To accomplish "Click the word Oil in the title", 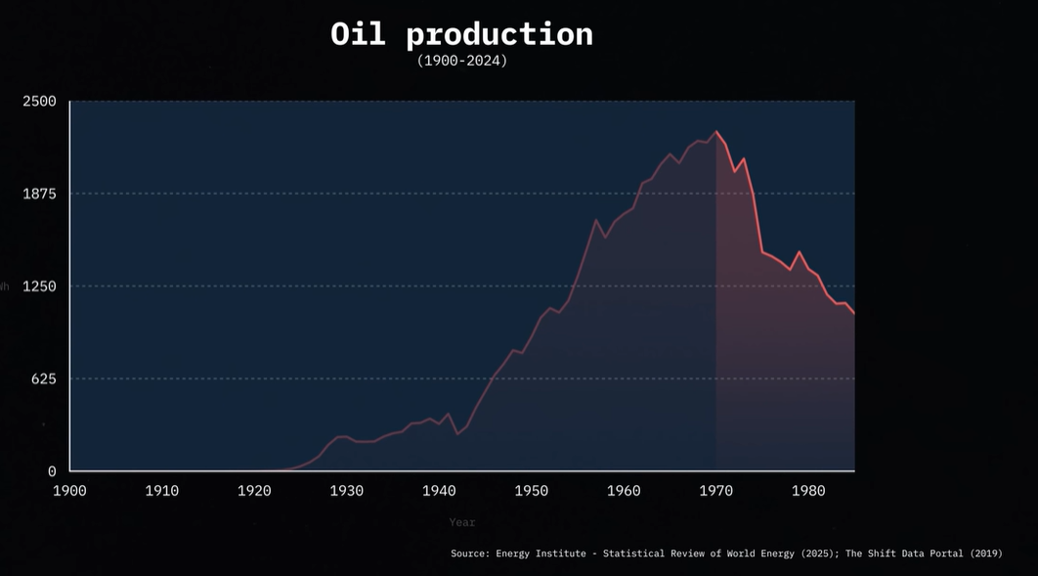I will coord(360,34).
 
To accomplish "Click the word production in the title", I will coord(499,35).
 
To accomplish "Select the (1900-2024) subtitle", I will coord(462,61).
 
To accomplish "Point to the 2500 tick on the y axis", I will coord(40,102).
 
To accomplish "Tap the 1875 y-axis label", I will coord(40,194).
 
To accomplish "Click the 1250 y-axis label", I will coord(40,287).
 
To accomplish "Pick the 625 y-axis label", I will coord(44,378).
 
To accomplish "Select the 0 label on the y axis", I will coord(52,471).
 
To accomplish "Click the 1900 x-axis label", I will coord(69,490).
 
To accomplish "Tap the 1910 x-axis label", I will coord(162,490).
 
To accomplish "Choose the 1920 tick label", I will coord(254,490).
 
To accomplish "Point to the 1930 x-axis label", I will coord(347,490).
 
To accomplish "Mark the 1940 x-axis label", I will coord(439,490).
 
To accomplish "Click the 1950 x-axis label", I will coord(532,490).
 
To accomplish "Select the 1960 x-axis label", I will coord(624,490).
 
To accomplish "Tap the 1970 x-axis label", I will coord(716,490).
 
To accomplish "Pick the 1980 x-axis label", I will coord(808,490).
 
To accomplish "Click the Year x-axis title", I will coord(462,522).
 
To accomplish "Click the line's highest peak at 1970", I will coord(716,131).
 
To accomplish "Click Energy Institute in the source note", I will coord(541,554).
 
